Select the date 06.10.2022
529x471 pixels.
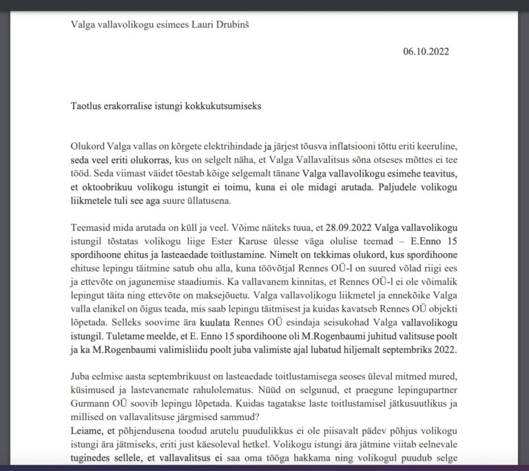click(x=427, y=51)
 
